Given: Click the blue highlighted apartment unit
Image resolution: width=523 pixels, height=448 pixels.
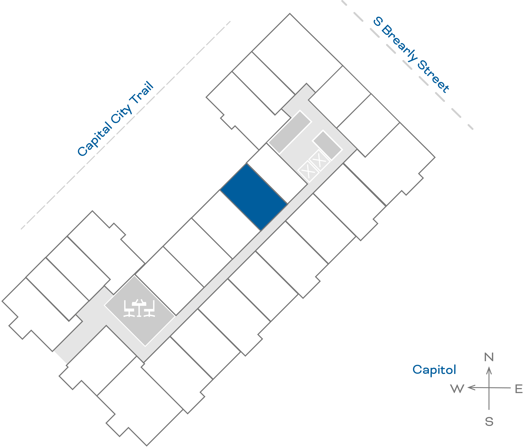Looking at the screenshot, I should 254,197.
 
